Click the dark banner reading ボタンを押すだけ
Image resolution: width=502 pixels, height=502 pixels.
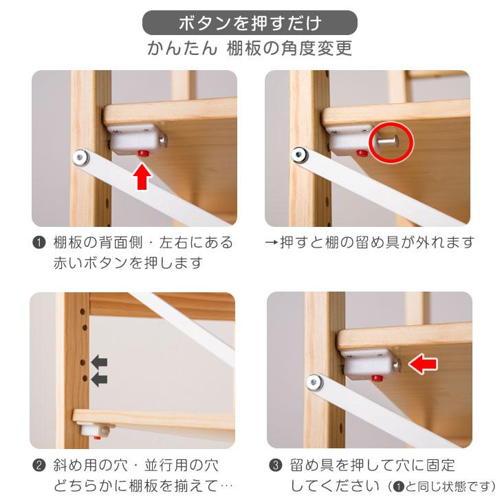250,23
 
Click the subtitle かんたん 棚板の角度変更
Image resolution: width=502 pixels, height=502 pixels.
250,50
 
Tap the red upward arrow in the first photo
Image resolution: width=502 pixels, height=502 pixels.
142,175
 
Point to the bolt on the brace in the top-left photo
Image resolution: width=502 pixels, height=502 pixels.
81,158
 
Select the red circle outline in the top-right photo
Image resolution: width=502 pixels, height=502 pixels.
391,142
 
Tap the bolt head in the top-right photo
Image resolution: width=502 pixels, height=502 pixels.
301,155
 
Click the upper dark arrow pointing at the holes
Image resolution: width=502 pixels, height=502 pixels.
100,361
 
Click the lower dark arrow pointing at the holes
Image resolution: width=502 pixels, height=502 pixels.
100,379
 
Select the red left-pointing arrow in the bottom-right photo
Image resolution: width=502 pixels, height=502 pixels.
424,364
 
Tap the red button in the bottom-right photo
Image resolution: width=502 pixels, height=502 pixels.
375,378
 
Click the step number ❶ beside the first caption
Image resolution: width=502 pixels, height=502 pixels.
39,243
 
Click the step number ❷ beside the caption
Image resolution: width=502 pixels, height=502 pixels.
39,466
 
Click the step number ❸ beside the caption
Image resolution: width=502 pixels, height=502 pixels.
275,466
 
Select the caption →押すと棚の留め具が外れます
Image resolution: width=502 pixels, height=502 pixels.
369,243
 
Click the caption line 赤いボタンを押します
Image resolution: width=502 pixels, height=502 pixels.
127,263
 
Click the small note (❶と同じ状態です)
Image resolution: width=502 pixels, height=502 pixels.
441,487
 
